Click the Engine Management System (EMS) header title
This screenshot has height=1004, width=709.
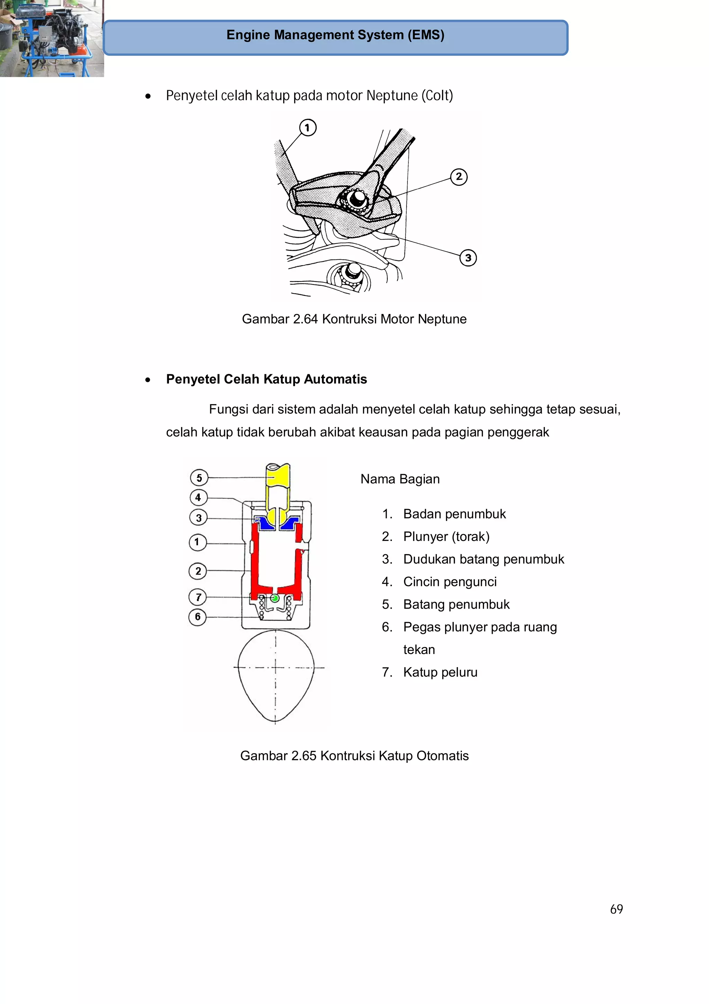tap(335, 35)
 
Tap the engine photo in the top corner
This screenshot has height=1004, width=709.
tap(51, 38)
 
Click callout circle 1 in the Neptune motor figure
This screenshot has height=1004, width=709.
tap(307, 128)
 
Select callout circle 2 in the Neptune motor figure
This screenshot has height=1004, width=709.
tap(458, 177)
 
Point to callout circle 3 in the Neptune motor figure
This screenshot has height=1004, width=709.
tap(468, 257)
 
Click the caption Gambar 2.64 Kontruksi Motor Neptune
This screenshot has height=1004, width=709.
tap(354, 319)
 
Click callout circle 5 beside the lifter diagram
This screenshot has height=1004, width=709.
tap(199, 478)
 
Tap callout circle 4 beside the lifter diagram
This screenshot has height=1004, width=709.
tap(198, 497)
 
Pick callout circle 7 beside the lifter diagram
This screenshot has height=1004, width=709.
tap(198, 597)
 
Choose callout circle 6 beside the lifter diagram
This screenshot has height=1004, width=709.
tap(197, 617)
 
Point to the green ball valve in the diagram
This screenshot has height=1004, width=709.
tap(275, 598)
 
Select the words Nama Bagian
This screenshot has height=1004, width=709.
tap(400, 479)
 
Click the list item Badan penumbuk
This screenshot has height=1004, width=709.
tap(454, 514)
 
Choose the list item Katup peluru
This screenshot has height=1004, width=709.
tap(440, 672)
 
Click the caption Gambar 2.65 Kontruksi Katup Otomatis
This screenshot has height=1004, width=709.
tap(354, 756)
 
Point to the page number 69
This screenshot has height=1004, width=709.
tap(616, 909)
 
